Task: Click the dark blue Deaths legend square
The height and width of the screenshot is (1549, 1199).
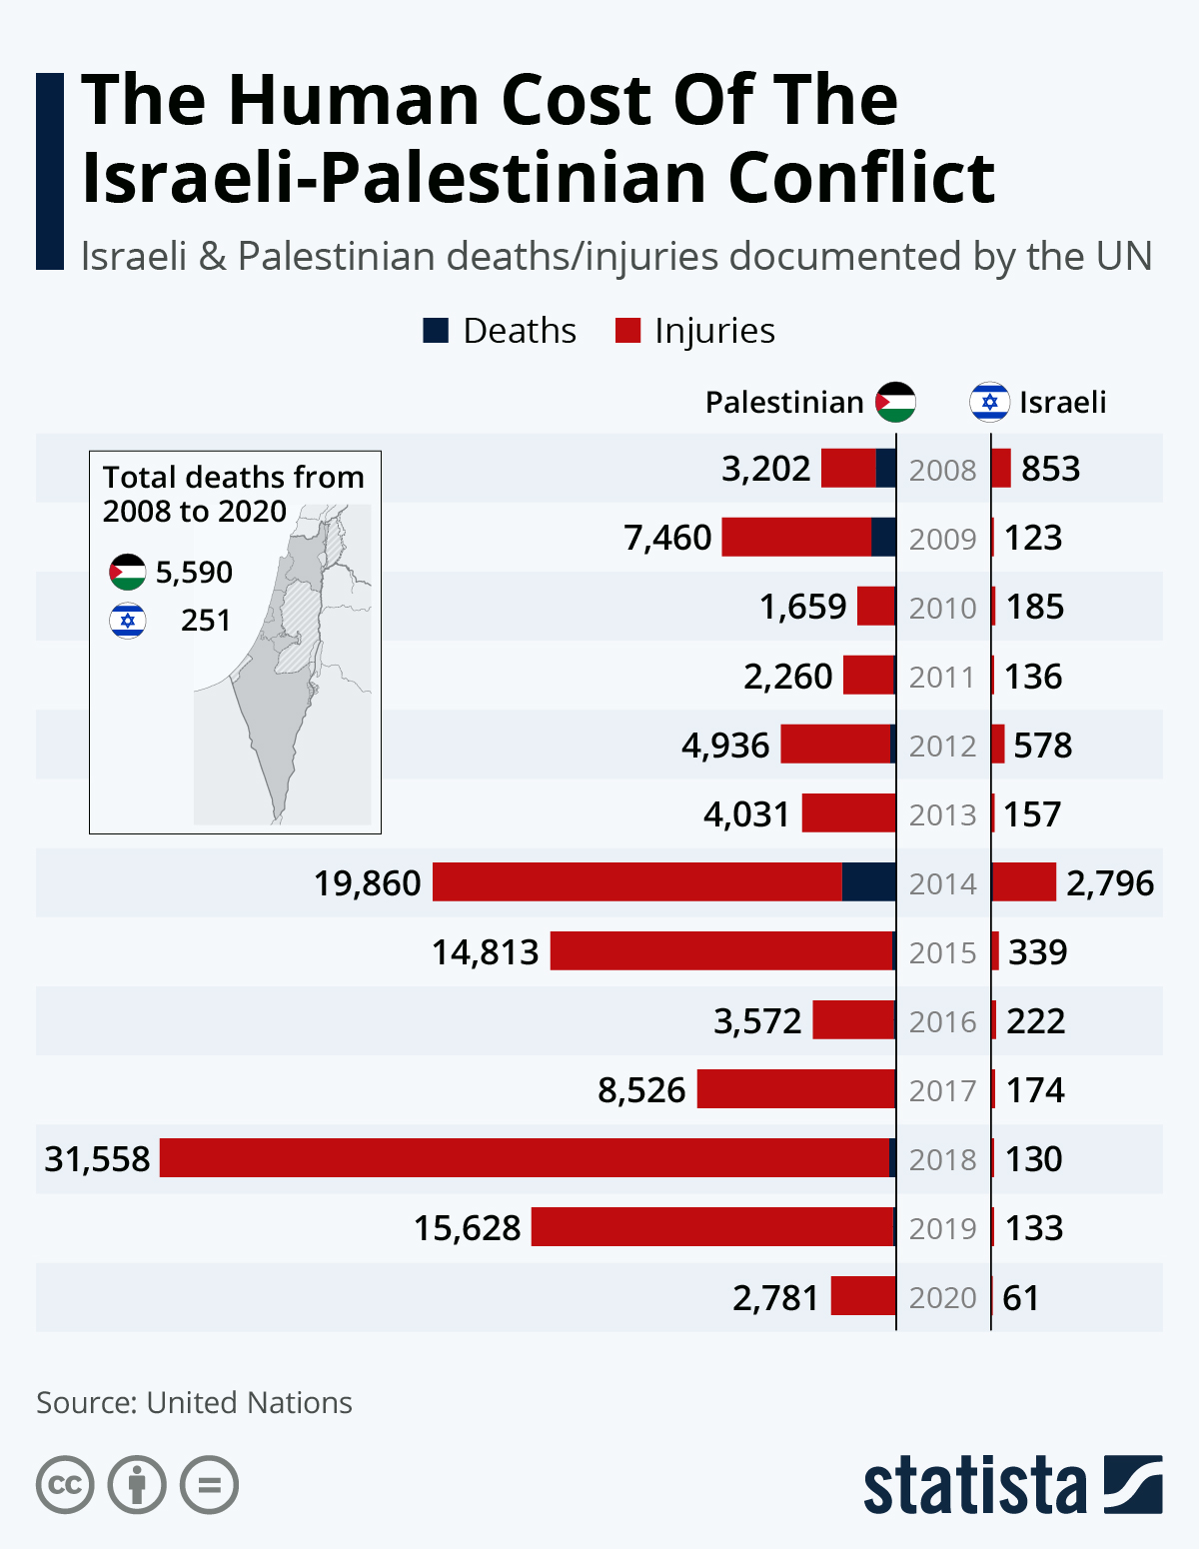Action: [x=436, y=331]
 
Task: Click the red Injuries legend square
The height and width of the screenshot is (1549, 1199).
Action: [x=627, y=331]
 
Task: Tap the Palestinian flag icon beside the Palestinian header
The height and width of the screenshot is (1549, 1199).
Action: [x=895, y=402]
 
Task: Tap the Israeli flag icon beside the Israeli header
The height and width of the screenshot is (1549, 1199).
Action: [x=989, y=402]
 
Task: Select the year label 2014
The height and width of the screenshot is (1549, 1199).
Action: [x=942, y=883]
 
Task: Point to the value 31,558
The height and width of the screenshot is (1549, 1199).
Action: [x=97, y=1159]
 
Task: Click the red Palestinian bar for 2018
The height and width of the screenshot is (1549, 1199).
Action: [x=524, y=1158]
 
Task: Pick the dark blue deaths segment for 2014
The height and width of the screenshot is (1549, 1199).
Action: [x=868, y=882]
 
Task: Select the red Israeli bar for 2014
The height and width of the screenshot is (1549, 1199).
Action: [x=1023, y=882]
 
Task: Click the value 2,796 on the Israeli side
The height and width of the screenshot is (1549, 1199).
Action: [x=1109, y=883]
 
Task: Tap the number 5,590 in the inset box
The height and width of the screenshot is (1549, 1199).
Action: [x=194, y=573]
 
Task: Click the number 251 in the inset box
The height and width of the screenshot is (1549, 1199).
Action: [x=206, y=621]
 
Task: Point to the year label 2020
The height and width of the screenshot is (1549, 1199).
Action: [x=942, y=1297]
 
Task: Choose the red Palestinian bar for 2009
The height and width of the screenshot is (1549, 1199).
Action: [x=796, y=537]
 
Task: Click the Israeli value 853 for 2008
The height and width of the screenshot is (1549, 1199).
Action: [x=1050, y=469]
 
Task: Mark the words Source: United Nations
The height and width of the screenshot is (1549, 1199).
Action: [x=194, y=1402]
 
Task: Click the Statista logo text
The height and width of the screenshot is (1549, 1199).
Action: [x=974, y=1485]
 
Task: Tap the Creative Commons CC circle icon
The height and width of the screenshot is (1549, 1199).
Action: [x=65, y=1485]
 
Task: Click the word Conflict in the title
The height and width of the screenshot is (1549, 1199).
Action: [x=861, y=178]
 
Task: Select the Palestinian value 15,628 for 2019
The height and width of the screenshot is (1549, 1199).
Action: [x=467, y=1228]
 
